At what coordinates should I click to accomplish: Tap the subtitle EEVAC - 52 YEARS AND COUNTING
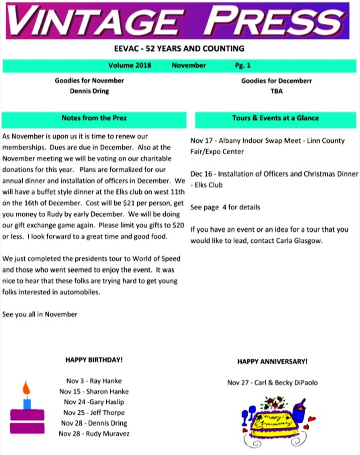[179, 49]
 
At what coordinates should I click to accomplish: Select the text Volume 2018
[130, 66]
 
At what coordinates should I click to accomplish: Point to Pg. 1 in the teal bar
[243, 66]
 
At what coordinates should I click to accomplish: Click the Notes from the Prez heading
[94, 118]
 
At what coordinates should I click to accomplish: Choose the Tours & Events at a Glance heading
[275, 118]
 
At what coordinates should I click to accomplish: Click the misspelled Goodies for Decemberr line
[276, 81]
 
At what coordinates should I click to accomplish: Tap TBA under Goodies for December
[276, 91]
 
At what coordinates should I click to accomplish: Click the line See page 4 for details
[225, 207]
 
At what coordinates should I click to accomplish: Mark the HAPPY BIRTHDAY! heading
[94, 360]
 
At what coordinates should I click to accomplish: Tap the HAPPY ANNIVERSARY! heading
[272, 361]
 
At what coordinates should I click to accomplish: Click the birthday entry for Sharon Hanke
[94, 391]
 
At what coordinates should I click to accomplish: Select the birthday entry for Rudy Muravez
[94, 433]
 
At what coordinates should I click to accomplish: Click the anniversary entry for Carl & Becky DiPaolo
[272, 383]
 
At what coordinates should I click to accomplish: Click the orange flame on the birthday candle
[26, 387]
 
